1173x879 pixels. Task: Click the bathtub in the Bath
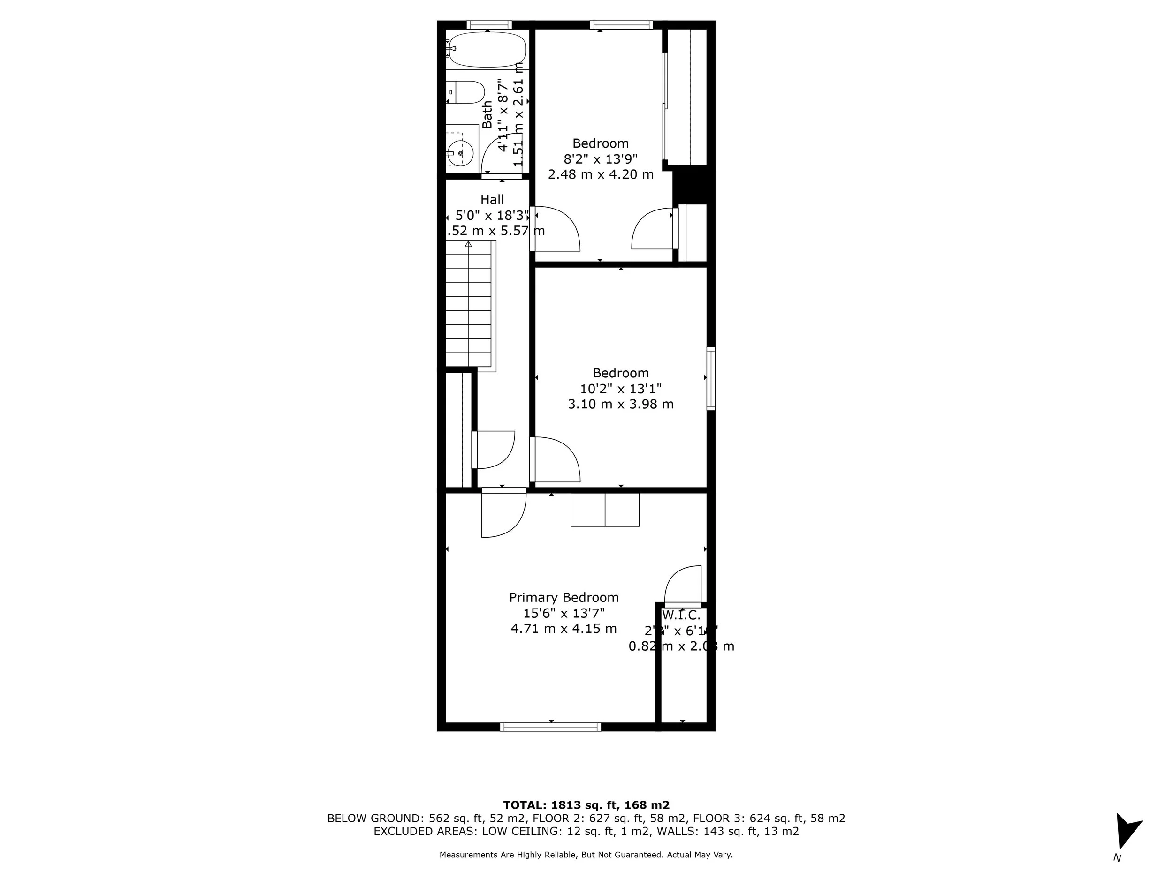pyautogui.click(x=486, y=49)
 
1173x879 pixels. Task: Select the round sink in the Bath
pyautogui.click(x=460, y=154)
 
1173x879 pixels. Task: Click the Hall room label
pyautogui.click(x=492, y=200)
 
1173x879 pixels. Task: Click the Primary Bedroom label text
pyautogui.click(x=564, y=598)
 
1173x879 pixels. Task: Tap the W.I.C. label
pyautogui.click(x=681, y=616)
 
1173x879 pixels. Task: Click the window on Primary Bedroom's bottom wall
pyautogui.click(x=550, y=727)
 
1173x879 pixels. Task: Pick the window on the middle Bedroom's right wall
pyautogui.click(x=711, y=378)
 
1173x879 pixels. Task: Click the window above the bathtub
pyautogui.click(x=489, y=24)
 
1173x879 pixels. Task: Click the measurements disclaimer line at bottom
pyautogui.click(x=586, y=855)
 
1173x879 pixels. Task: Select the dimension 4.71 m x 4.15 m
pyautogui.click(x=564, y=629)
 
